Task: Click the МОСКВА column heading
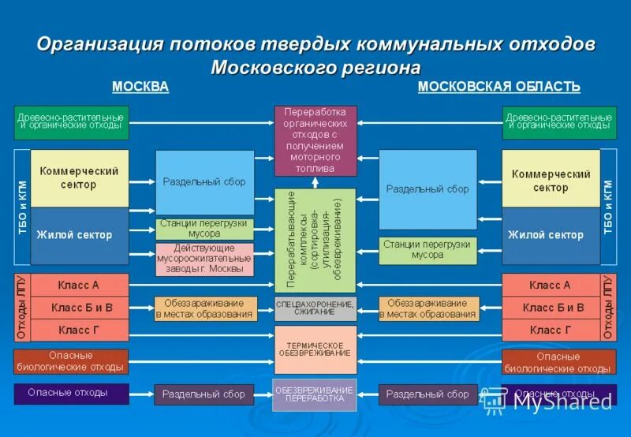pyautogui.click(x=140, y=87)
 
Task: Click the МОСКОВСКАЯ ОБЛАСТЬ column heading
pyautogui.click(x=498, y=87)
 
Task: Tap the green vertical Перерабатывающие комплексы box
pyautogui.click(x=314, y=240)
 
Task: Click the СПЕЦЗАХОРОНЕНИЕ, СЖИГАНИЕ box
pyautogui.click(x=315, y=308)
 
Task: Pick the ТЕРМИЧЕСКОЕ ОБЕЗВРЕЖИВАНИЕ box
pyautogui.click(x=315, y=349)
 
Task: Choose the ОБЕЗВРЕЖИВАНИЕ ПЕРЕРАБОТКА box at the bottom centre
pyautogui.click(x=315, y=394)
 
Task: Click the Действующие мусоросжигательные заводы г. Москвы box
pyautogui.click(x=204, y=259)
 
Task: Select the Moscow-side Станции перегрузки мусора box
pyautogui.click(x=204, y=229)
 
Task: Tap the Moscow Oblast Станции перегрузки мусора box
pyautogui.click(x=427, y=250)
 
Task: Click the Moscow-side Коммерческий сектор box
pyautogui.click(x=79, y=178)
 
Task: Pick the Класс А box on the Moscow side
pyautogui.click(x=79, y=285)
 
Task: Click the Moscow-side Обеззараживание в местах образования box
pyautogui.click(x=205, y=308)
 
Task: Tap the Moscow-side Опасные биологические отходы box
pyautogui.click(x=70, y=361)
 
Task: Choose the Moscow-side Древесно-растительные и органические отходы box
pyautogui.click(x=70, y=121)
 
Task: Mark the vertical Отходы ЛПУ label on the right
pyautogui.click(x=608, y=308)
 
